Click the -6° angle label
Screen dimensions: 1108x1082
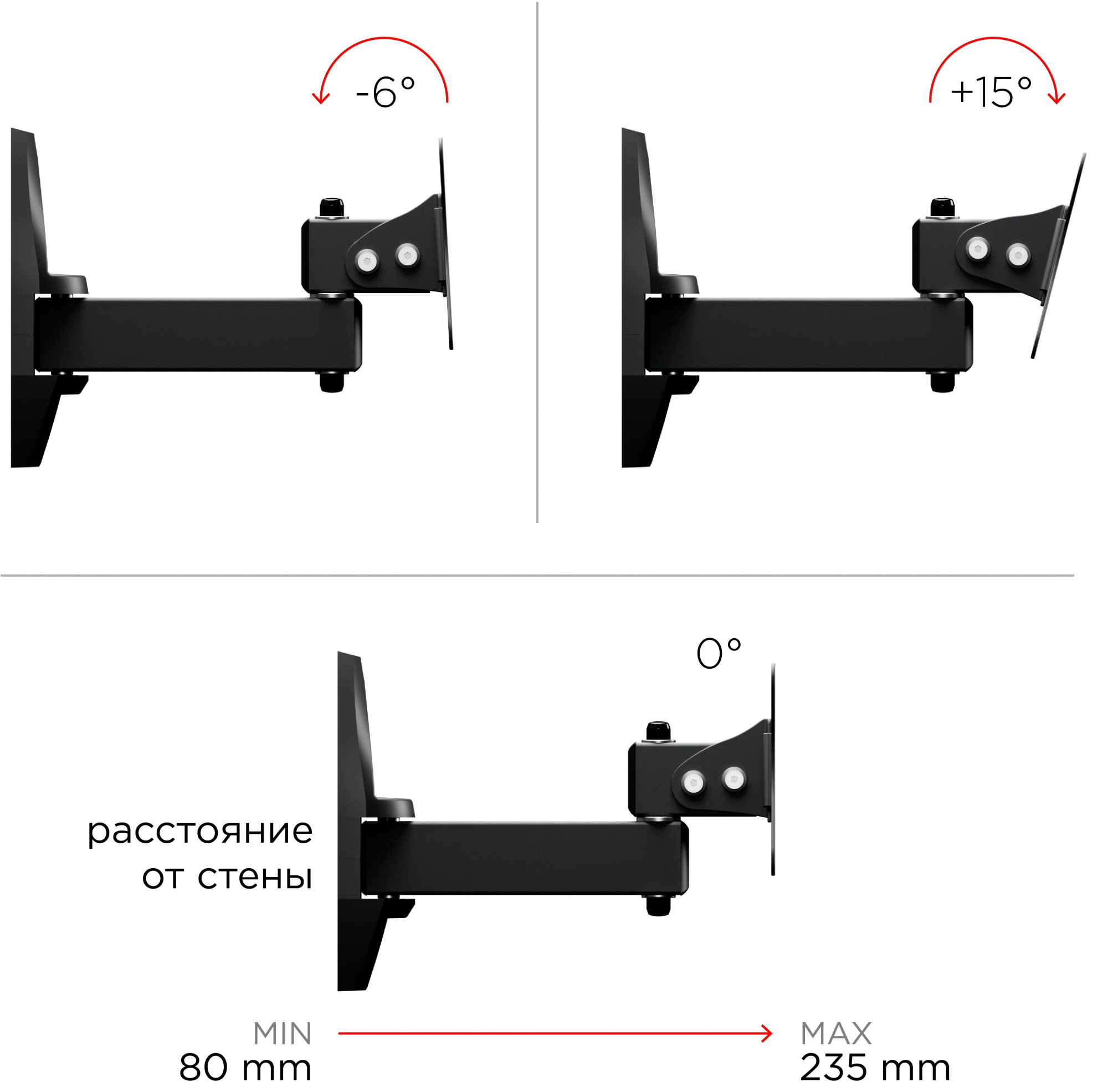coord(385,91)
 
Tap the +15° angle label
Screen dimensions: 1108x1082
coord(991,91)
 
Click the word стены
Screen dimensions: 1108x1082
coord(255,878)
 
